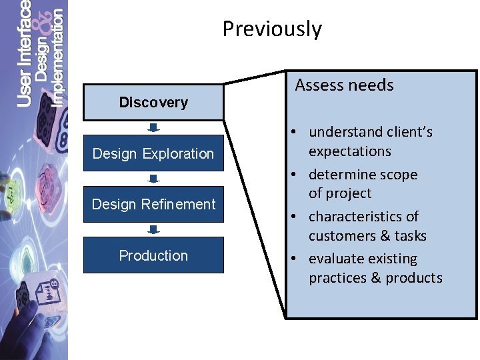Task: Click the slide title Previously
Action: coord(272,29)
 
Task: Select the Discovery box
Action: coord(153,102)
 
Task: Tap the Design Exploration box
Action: coord(153,153)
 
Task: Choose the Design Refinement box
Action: coord(153,205)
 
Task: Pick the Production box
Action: coord(153,255)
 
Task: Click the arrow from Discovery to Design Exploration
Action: coord(153,127)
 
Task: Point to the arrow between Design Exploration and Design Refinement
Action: coord(153,179)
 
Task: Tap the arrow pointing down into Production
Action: coord(153,230)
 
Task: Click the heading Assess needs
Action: coord(344,85)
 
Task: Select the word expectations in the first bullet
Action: coord(349,151)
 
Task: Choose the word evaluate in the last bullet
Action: coord(335,259)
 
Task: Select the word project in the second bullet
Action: coord(348,193)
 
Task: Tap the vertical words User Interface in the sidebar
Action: coord(24,53)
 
